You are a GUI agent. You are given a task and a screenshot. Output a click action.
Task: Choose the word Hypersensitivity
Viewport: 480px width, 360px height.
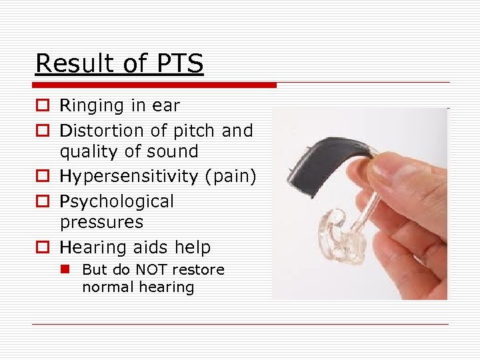[x=129, y=177]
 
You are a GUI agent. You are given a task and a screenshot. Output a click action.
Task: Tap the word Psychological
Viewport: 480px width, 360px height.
[x=117, y=202]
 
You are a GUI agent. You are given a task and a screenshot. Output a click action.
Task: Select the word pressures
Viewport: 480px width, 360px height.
[x=101, y=222]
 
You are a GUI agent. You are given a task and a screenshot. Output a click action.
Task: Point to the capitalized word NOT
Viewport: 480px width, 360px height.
[x=153, y=270]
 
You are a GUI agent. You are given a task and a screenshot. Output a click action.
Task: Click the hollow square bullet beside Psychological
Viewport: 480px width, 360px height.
[x=41, y=202]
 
